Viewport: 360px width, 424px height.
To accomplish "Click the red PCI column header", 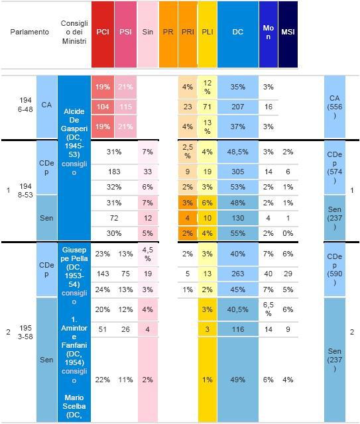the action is pyautogui.click(x=103, y=34).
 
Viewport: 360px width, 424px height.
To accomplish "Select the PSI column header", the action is pyautogui.click(x=125, y=34).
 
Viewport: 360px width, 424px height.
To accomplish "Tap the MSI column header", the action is pyautogui.click(x=288, y=34).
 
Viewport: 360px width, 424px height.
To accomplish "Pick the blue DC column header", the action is pyautogui.click(x=238, y=34).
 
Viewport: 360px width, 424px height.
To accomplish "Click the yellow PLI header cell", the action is pyautogui.click(x=208, y=34).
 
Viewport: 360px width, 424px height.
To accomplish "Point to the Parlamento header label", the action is pyautogui.click(x=30, y=32).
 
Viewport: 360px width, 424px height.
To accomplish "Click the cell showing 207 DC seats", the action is pyautogui.click(x=238, y=107).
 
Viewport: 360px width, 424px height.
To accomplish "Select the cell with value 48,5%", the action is pyautogui.click(x=238, y=152).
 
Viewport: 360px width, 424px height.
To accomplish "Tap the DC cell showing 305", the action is pyautogui.click(x=238, y=172).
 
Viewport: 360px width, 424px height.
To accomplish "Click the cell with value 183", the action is pyautogui.click(x=114, y=172).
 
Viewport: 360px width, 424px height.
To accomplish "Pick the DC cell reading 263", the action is pyautogui.click(x=238, y=274).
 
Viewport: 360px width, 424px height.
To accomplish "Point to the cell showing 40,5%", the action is pyautogui.click(x=238, y=309).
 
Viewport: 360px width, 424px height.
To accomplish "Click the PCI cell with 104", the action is pyautogui.click(x=103, y=107).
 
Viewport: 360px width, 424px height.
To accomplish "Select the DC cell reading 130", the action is pyautogui.click(x=238, y=218).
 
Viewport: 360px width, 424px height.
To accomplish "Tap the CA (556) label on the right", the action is pyautogui.click(x=335, y=107).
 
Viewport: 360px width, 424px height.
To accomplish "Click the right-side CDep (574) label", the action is pyautogui.click(x=335, y=168).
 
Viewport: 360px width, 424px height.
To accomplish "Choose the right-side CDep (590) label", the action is pyautogui.click(x=335, y=270).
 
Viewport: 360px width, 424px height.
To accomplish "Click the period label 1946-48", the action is pyautogui.click(x=25, y=105).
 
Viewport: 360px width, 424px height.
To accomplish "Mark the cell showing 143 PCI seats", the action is pyautogui.click(x=103, y=274).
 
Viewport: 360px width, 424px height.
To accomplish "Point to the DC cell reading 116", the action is pyautogui.click(x=238, y=329).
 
